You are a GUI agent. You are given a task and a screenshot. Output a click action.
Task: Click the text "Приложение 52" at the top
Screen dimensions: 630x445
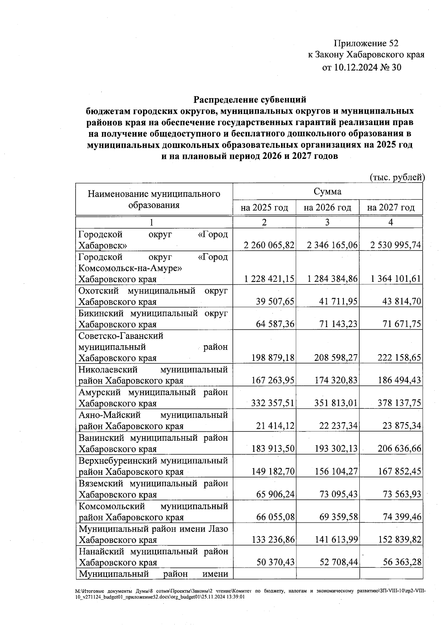pos(366,43)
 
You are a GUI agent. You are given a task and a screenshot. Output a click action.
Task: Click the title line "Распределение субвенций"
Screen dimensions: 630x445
pos(250,99)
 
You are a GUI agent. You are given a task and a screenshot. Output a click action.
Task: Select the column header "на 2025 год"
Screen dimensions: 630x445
pos(264,208)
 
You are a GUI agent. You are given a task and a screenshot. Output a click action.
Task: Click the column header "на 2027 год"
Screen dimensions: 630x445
pos(390,208)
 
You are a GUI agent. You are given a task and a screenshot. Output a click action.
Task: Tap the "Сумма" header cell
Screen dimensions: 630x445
pos(327,192)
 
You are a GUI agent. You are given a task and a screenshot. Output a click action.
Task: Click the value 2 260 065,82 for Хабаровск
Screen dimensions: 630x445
pos(269,245)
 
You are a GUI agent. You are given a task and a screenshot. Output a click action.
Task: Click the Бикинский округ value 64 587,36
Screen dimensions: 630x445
pos(275,324)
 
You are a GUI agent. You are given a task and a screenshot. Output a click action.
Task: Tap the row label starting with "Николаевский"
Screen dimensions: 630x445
pos(153,375)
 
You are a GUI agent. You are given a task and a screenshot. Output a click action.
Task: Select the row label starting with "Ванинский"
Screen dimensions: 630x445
pos(153,443)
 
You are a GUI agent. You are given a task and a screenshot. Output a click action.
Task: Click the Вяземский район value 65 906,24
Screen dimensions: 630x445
pos(275,494)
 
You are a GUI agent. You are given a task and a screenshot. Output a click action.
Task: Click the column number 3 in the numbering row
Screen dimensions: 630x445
pos(327,222)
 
